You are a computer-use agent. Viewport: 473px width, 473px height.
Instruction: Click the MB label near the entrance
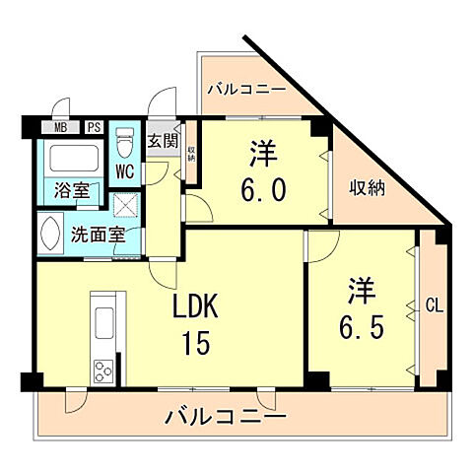(x=61, y=126)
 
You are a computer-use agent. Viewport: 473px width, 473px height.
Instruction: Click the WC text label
(x=125, y=170)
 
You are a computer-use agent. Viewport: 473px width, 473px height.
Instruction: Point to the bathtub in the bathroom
(x=72, y=158)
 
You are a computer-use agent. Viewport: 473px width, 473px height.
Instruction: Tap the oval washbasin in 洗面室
(x=49, y=236)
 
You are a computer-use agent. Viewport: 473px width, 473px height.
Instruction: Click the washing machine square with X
(x=126, y=204)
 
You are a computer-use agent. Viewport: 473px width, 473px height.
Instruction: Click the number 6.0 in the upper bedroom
(x=264, y=188)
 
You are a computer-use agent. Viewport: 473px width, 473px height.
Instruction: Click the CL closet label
(x=434, y=305)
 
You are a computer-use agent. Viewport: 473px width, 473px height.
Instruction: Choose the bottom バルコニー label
(x=227, y=416)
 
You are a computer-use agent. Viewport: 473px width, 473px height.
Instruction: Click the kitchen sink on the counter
(x=103, y=323)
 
